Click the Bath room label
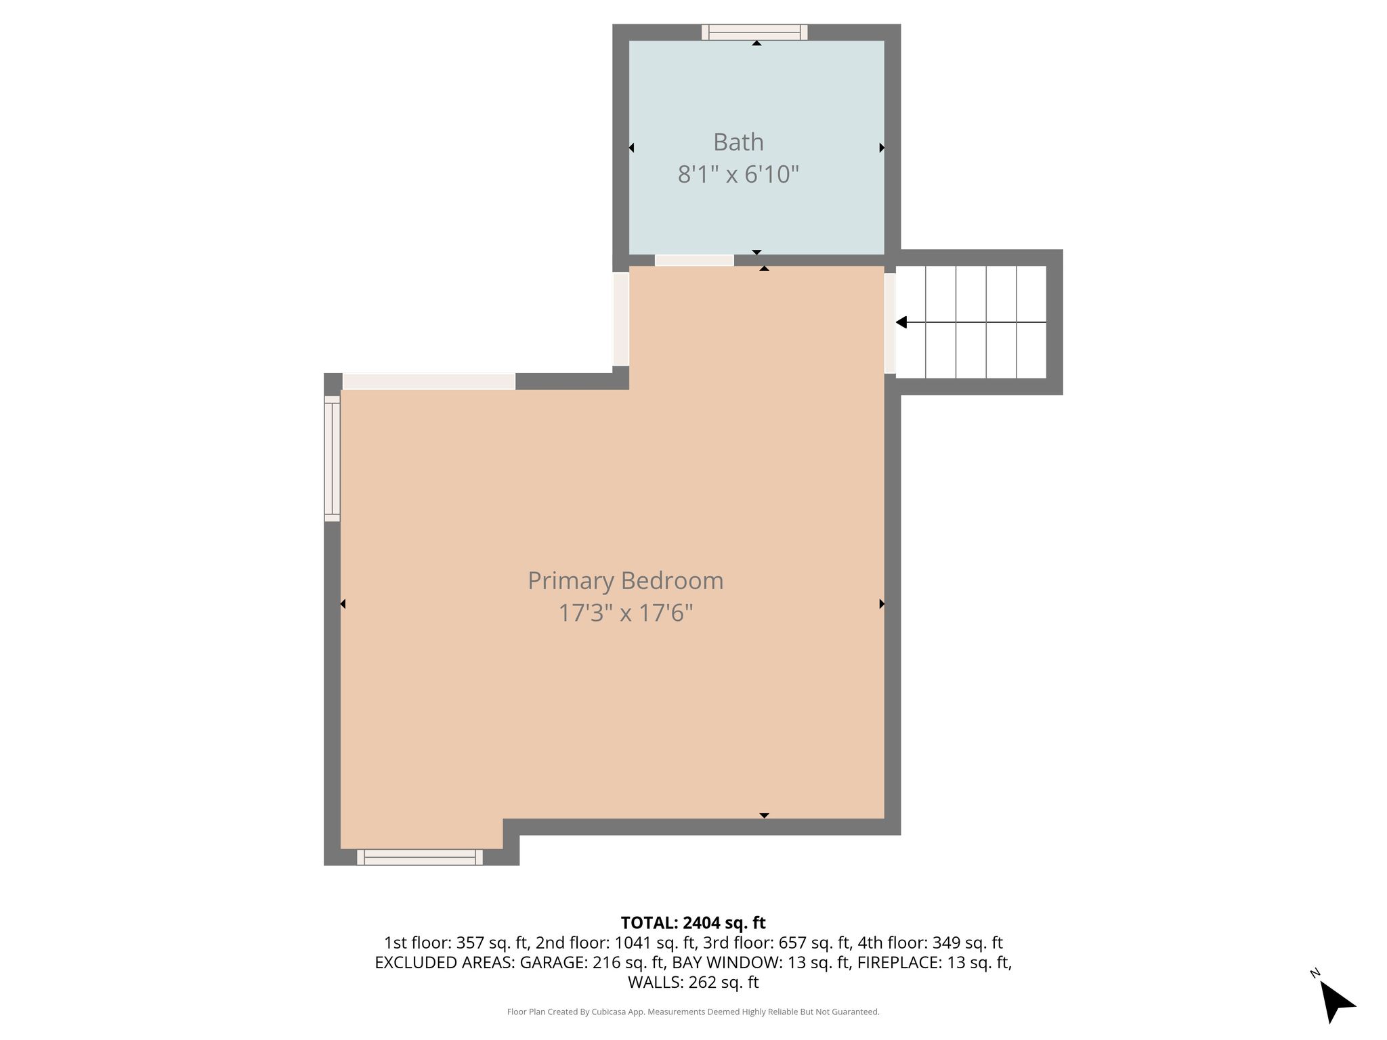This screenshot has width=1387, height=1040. click(738, 142)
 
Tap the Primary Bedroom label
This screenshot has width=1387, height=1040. click(626, 581)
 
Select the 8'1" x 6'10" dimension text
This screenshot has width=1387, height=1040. click(738, 175)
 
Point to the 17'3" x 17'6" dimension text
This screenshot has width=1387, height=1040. click(626, 613)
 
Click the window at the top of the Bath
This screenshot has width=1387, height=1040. click(754, 32)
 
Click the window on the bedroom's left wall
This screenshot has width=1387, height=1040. click(332, 458)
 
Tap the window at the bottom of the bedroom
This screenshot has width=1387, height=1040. click(420, 857)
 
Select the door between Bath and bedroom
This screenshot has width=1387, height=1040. click(694, 261)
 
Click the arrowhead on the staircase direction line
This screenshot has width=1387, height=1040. click(901, 322)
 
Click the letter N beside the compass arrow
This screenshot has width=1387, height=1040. click(1315, 974)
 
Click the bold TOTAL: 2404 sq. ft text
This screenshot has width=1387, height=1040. click(693, 923)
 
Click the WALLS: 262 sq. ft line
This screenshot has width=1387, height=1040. click(693, 982)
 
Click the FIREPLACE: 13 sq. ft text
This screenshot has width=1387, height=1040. click(934, 962)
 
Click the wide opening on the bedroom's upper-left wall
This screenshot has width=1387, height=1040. click(429, 381)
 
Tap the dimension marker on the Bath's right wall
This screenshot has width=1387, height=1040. click(882, 148)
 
